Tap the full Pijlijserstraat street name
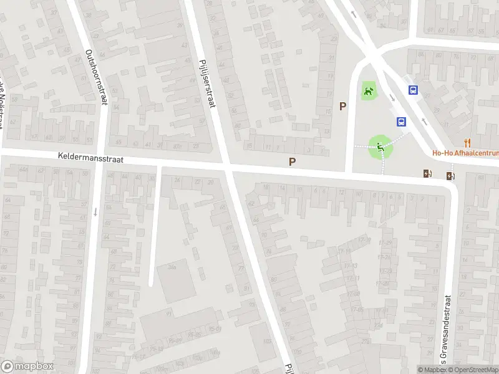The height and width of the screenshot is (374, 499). coord(206,81)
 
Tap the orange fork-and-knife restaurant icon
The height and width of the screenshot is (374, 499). coord(467,142)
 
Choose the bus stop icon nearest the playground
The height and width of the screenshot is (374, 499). coord(401,122)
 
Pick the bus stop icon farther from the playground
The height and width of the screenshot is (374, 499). coord(413,90)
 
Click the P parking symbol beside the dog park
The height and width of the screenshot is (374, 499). coord(342,107)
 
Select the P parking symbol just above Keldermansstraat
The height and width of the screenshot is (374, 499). coord(292,162)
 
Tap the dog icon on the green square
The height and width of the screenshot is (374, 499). coord(369,93)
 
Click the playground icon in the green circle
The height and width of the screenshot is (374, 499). coord(380,147)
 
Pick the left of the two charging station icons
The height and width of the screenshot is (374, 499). coord(427,174)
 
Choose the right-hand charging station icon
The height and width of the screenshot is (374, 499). coord(450,176)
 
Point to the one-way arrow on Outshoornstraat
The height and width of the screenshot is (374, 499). coord(95,212)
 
